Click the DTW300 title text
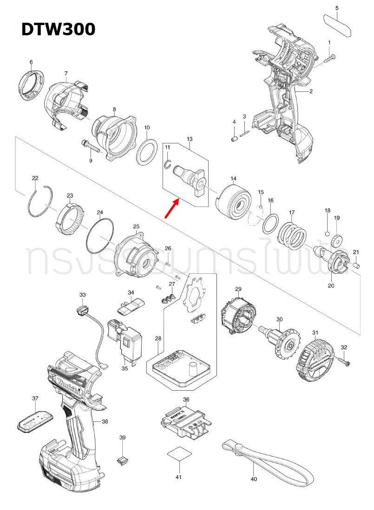click(x=59, y=29)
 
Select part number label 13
click(x=190, y=139)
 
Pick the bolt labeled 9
click(x=91, y=146)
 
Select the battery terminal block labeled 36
click(x=184, y=420)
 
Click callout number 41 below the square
click(x=178, y=477)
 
